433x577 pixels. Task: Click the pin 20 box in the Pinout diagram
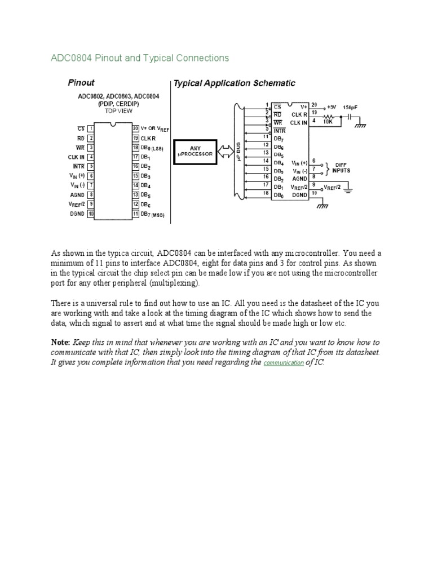135,128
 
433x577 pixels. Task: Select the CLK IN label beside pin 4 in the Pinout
77,157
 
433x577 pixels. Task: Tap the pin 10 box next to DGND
90,214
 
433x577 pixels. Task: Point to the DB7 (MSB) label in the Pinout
152,215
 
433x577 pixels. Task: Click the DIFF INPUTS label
341,167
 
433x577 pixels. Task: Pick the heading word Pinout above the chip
81,82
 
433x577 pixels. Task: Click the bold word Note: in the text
60,343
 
